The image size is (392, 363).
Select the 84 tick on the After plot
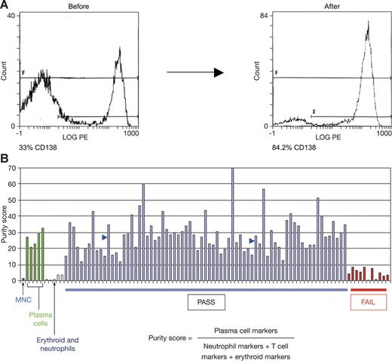pyautogui.click(x=263, y=16)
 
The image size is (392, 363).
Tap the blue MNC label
pyautogui.click(x=22, y=299)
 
